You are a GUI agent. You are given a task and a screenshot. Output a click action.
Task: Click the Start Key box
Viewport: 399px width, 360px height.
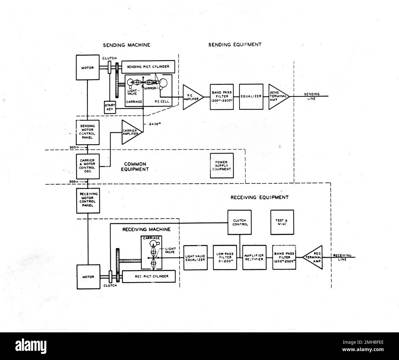pos(110,107)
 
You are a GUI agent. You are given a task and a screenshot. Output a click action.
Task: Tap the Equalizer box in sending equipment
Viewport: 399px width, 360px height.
pos(251,96)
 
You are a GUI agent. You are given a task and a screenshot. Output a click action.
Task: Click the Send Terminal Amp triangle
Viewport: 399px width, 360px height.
pos(277,96)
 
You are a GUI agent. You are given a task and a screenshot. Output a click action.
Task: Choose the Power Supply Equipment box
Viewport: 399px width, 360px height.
pos(222,166)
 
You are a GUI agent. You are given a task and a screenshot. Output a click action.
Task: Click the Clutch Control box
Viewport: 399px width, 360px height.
pos(239,222)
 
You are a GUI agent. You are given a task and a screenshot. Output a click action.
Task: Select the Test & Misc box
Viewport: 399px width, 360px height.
pos(282,222)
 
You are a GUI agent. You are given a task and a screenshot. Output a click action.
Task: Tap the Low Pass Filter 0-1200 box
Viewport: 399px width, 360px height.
pos(225,257)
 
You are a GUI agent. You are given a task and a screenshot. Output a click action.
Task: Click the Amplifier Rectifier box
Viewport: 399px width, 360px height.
pos(254,257)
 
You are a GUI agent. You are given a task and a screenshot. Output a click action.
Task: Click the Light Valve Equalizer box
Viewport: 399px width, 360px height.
pos(195,257)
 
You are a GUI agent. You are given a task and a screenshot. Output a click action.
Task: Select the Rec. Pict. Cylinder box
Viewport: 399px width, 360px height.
pos(149,276)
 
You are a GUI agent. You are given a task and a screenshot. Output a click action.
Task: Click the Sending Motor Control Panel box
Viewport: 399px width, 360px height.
pos(88,132)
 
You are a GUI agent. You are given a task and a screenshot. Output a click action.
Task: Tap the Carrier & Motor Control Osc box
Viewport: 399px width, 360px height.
pos(88,166)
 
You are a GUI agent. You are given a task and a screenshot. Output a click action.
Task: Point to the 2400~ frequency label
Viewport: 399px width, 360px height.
pos(153,124)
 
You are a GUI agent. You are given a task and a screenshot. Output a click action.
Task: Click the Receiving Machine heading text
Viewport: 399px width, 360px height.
pos(146,229)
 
